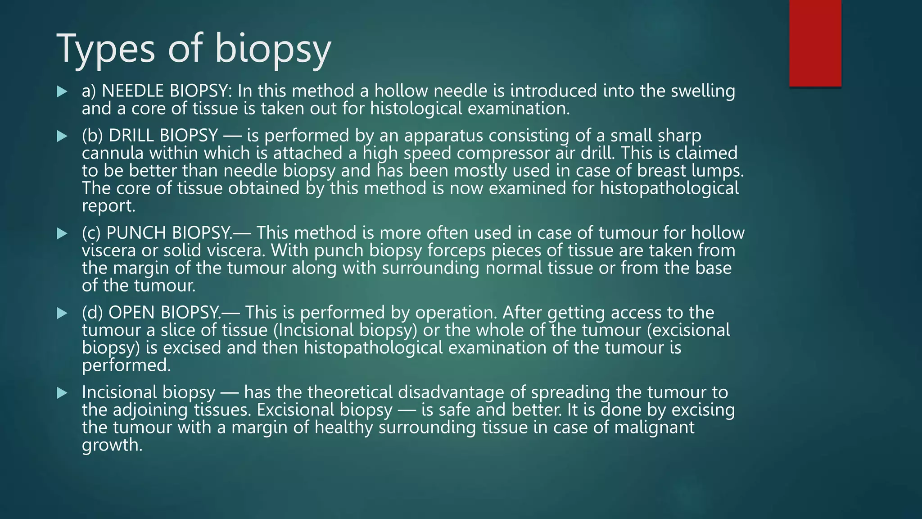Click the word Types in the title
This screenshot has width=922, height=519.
106,49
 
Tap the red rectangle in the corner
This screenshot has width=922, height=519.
815,43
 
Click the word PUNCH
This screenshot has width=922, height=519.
136,233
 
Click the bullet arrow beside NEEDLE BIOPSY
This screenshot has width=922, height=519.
62,92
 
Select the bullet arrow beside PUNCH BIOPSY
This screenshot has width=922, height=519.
62,234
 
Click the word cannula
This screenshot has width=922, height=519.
113,154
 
